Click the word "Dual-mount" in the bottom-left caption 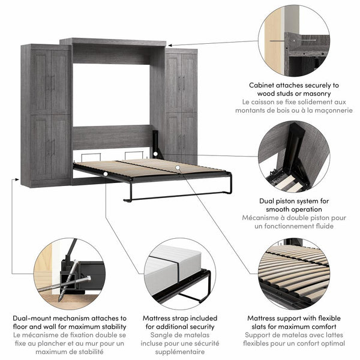pyautogui.click(x=35, y=318)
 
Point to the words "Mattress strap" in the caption pyautogui.click(x=170, y=318)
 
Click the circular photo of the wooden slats pyautogui.click(x=294, y=274)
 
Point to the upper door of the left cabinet pyautogui.click(x=50, y=82)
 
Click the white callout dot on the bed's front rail pyautogui.click(x=105, y=174)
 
